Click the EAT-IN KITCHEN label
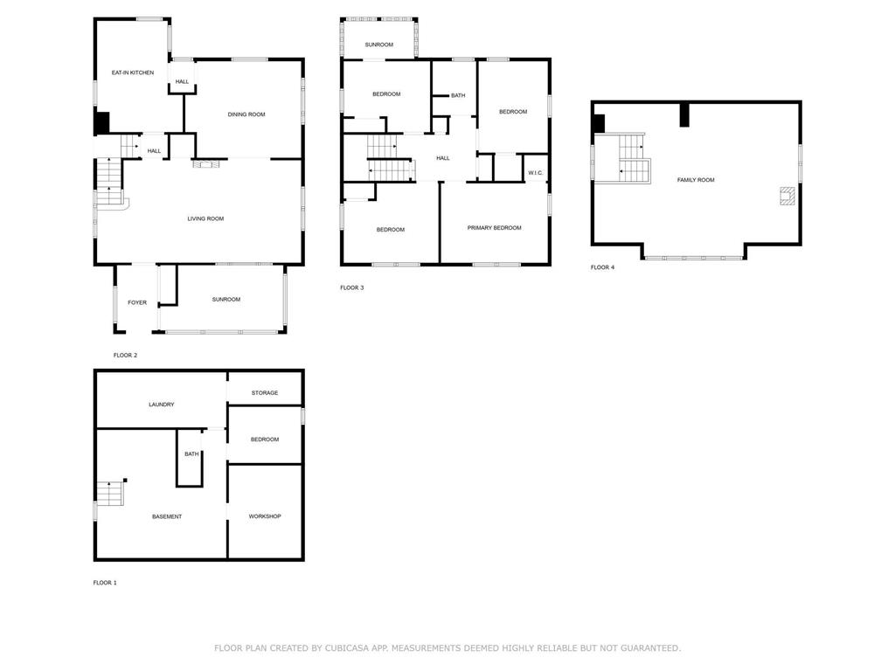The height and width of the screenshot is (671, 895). tap(133, 73)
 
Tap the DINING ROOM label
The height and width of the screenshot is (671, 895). tap(246, 114)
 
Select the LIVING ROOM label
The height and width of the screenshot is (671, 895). tap(205, 218)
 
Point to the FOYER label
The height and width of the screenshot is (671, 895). tap(137, 302)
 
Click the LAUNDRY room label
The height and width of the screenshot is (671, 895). tap(162, 405)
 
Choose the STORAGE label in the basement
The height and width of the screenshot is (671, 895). tap(265, 393)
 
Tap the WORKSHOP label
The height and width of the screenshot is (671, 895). tap(265, 516)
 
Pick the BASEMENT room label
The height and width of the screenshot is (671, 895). tap(167, 516)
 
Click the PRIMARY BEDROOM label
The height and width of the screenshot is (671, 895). tap(494, 228)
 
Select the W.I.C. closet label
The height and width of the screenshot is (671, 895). tap(535, 173)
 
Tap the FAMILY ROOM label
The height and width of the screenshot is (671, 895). tap(696, 180)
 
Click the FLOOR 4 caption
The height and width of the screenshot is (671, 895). tap(602, 267)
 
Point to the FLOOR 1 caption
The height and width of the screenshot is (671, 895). tap(105, 583)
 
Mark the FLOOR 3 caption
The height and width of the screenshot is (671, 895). tap(351, 287)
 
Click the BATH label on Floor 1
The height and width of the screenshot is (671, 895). tap(191, 453)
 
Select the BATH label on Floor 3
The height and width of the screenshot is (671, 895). tap(458, 95)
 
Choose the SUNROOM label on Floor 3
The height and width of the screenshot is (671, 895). tap(379, 45)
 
